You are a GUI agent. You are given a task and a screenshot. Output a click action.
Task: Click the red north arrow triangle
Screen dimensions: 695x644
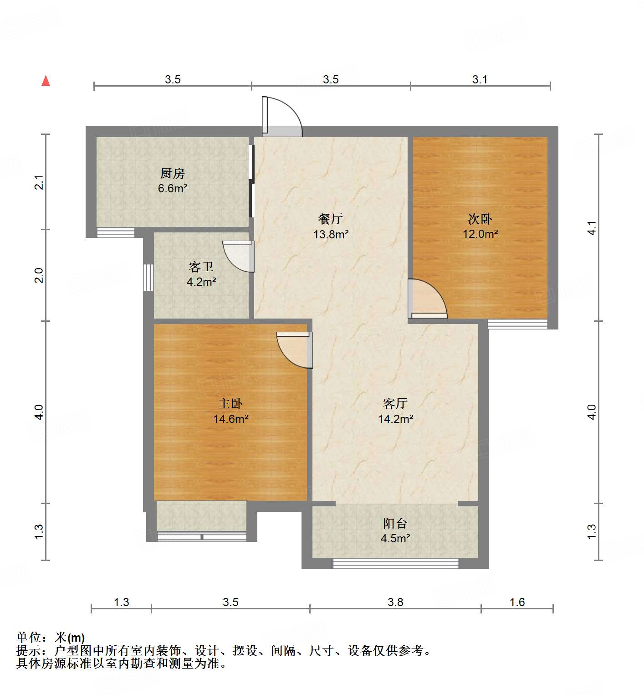[x=46, y=81]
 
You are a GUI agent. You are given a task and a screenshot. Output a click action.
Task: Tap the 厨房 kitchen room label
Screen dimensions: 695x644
[x=173, y=174]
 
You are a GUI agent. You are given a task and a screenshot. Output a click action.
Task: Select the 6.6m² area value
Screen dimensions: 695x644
[x=173, y=188]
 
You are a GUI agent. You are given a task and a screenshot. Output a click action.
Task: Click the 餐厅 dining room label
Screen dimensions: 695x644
[x=331, y=219]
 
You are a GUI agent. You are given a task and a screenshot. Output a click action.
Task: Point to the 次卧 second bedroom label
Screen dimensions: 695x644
[x=480, y=219]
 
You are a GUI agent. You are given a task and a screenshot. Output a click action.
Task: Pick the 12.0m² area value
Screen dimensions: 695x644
[x=480, y=234]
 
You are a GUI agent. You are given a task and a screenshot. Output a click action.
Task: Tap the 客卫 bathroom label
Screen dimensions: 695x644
[x=201, y=267]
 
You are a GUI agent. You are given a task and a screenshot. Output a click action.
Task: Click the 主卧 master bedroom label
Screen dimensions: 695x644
[x=230, y=404]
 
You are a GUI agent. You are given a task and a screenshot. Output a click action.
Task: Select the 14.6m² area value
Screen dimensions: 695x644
[x=230, y=419]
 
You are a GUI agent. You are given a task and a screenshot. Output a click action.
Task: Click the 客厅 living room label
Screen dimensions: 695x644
[x=395, y=404]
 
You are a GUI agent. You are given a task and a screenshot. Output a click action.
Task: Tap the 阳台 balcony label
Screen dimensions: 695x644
[x=395, y=524]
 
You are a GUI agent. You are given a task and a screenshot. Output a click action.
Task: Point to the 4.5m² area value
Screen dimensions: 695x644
[x=395, y=539]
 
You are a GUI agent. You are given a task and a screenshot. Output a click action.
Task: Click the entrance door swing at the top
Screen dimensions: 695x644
[x=282, y=117]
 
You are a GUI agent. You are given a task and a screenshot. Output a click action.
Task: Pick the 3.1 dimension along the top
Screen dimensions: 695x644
[x=480, y=80]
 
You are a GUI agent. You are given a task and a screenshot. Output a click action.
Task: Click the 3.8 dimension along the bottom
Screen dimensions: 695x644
[x=395, y=602]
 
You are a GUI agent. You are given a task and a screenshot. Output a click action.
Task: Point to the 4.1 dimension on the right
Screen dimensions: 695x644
[x=592, y=227]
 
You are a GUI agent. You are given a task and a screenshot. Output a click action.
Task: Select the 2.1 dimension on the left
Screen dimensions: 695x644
[x=40, y=182]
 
